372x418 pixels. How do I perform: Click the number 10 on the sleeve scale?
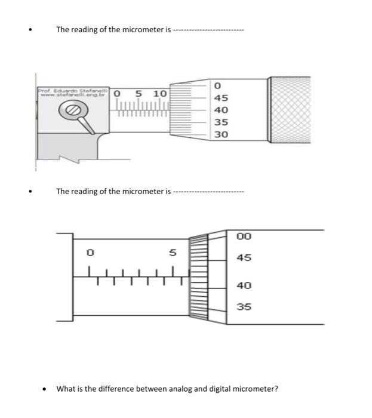pyautogui.click(x=159, y=94)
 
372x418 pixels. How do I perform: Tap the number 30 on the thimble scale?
pyautogui.click(x=221, y=134)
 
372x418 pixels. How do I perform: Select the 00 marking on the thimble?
pyautogui.click(x=244, y=236)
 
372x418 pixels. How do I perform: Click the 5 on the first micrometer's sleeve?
pyautogui.click(x=139, y=94)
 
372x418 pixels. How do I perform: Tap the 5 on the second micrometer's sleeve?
pyautogui.click(x=173, y=253)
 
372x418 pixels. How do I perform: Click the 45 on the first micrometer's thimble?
pyautogui.click(x=221, y=98)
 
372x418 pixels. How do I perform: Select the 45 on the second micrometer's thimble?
pyautogui.click(x=244, y=258)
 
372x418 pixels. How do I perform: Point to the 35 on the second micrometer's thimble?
pyautogui.click(x=244, y=307)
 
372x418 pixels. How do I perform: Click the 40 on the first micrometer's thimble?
pyautogui.click(x=221, y=110)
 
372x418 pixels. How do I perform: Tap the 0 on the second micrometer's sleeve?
pyautogui.click(x=90, y=253)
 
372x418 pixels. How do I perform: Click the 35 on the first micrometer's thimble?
pyautogui.click(x=221, y=122)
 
